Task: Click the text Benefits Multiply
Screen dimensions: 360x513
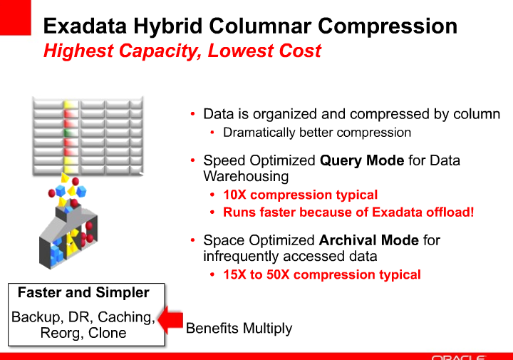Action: tap(239, 329)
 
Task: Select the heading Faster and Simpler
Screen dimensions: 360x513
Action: tap(83, 293)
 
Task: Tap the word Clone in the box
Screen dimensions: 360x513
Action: tap(107, 333)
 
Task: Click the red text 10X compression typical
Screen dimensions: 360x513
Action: tap(300, 195)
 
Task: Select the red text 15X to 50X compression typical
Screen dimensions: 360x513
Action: tap(321, 274)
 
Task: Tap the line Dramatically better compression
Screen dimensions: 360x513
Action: tap(317, 133)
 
